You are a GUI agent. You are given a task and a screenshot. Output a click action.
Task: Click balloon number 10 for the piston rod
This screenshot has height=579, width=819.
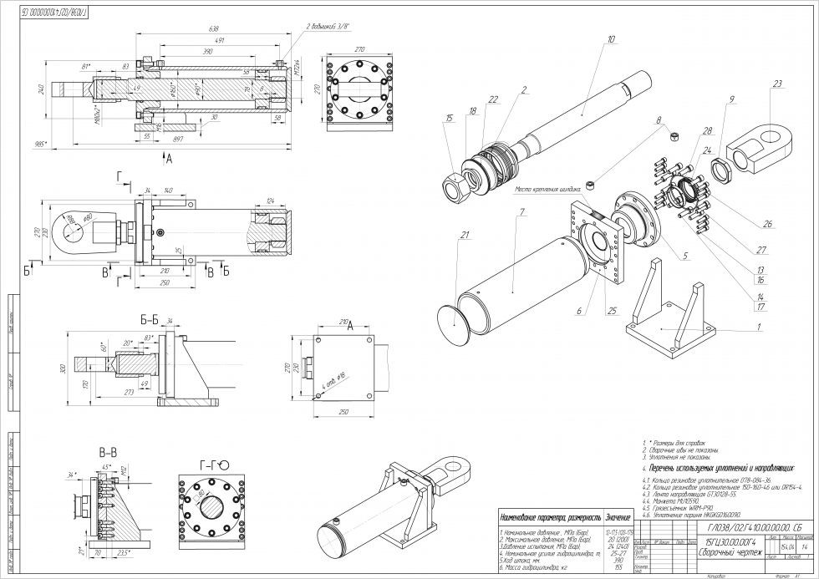click(611, 39)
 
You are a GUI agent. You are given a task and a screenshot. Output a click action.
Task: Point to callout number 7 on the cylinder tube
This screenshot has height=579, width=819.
click(521, 213)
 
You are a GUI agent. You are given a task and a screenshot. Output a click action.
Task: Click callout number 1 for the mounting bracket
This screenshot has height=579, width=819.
click(757, 327)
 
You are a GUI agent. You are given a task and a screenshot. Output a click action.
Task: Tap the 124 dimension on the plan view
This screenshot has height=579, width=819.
click(270, 201)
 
